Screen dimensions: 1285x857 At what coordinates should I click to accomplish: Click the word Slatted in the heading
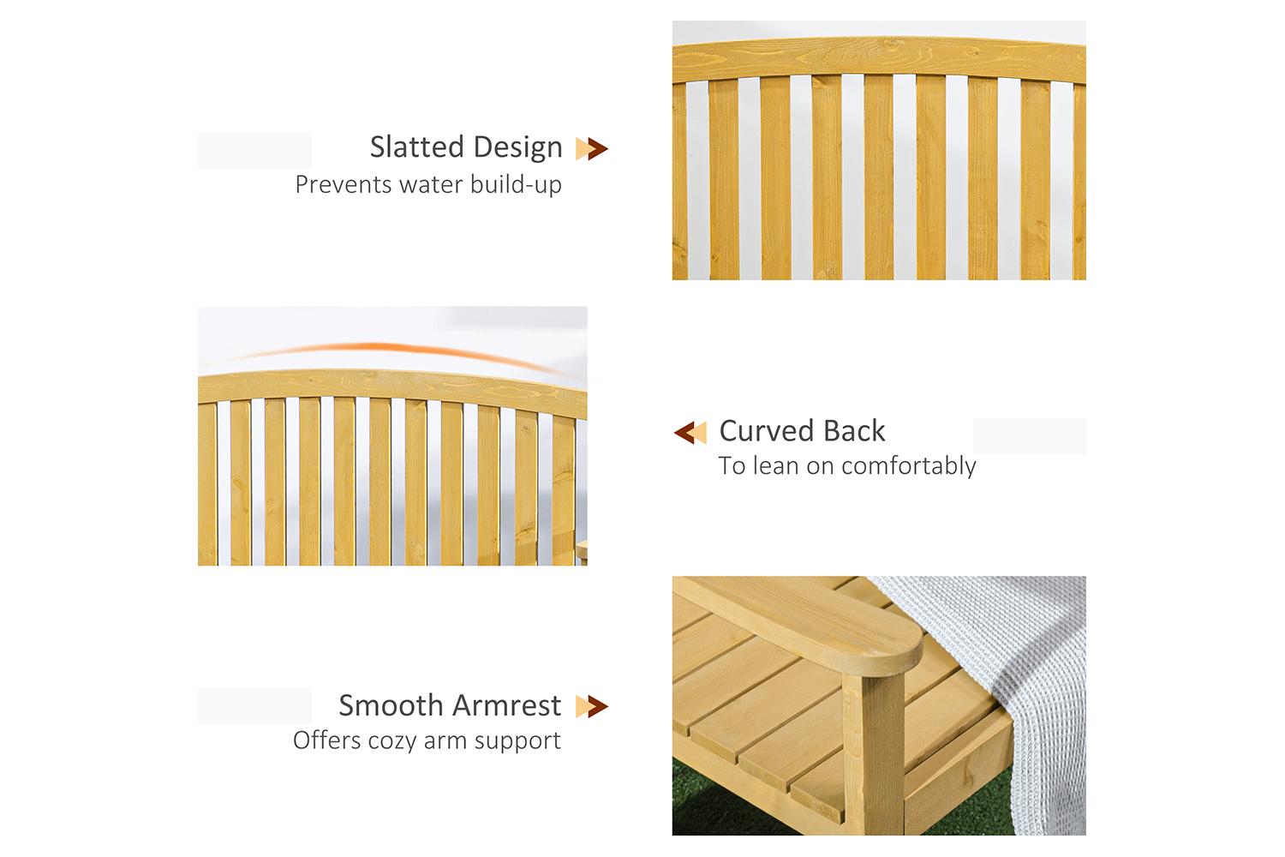coord(417,147)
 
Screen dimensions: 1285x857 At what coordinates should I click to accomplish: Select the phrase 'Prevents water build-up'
coord(428,185)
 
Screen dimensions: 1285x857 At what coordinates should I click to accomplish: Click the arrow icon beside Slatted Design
coord(592,148)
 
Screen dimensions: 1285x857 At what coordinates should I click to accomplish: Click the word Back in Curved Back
coord(854,431)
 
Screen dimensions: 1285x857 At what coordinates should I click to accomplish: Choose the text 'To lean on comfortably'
coord(847,466)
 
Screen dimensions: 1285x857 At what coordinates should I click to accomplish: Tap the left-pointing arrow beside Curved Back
coord(690,432)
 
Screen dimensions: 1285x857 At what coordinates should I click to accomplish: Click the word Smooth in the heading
coord(390,705)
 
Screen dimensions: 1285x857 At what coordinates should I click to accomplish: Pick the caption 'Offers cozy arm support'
coord(427,741)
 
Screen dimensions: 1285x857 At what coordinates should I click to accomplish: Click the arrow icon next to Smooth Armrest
coord(592,707)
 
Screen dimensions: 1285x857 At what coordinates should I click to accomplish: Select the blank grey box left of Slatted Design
coord(254,151)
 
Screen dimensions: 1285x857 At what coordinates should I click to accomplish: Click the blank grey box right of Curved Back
coord(1030,436)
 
